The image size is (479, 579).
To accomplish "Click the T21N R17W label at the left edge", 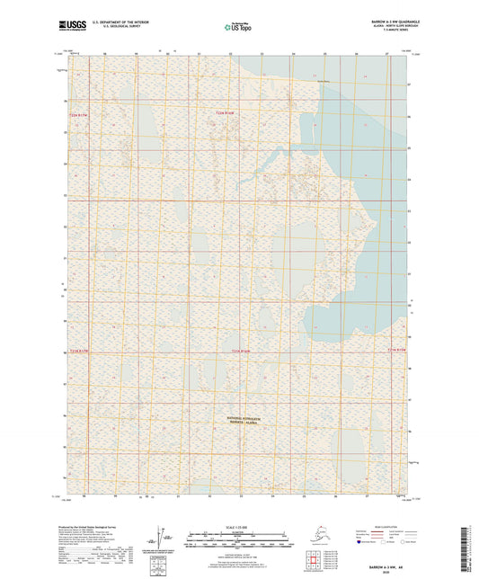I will pos(79,350).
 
